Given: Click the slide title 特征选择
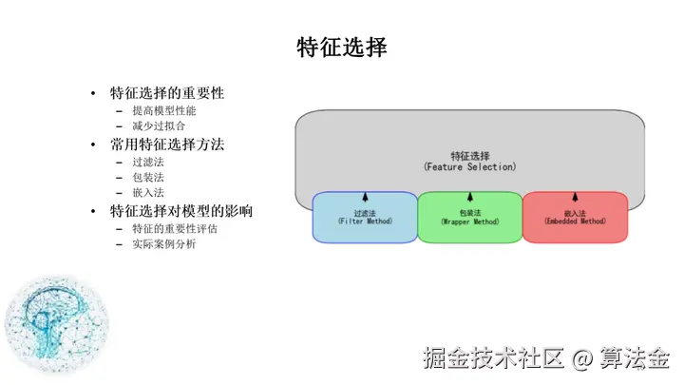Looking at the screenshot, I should (342, 47).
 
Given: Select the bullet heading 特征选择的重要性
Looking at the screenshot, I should (167, 93).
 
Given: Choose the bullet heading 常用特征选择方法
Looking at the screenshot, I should (167, 145).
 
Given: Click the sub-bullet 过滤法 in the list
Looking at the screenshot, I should (148, 163).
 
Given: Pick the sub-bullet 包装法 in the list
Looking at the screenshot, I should (148, 177).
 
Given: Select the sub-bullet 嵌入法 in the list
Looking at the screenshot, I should (148, 192).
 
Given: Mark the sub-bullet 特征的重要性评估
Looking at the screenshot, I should (174, 229).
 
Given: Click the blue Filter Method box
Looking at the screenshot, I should (365, 219).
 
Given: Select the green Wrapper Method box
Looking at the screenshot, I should (469, 219).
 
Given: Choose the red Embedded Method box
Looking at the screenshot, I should (575, 219).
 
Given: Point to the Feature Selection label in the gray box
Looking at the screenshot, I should (469, 161).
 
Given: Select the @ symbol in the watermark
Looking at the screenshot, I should (583, 357).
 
